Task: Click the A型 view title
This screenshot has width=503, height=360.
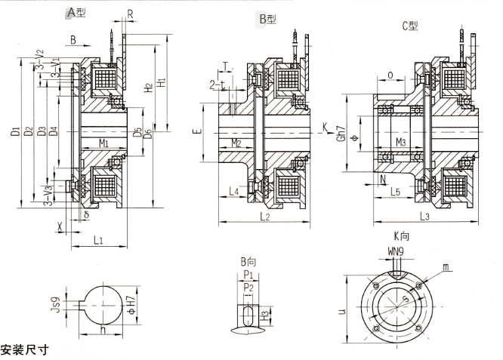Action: [76, 13]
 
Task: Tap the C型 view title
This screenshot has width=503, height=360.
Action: [411, 26]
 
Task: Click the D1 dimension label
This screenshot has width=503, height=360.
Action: [16, 133]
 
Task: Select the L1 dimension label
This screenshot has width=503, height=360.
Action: [99, 240]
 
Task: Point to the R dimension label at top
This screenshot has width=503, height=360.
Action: [131, 13]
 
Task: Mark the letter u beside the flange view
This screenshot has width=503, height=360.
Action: [343, 310]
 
